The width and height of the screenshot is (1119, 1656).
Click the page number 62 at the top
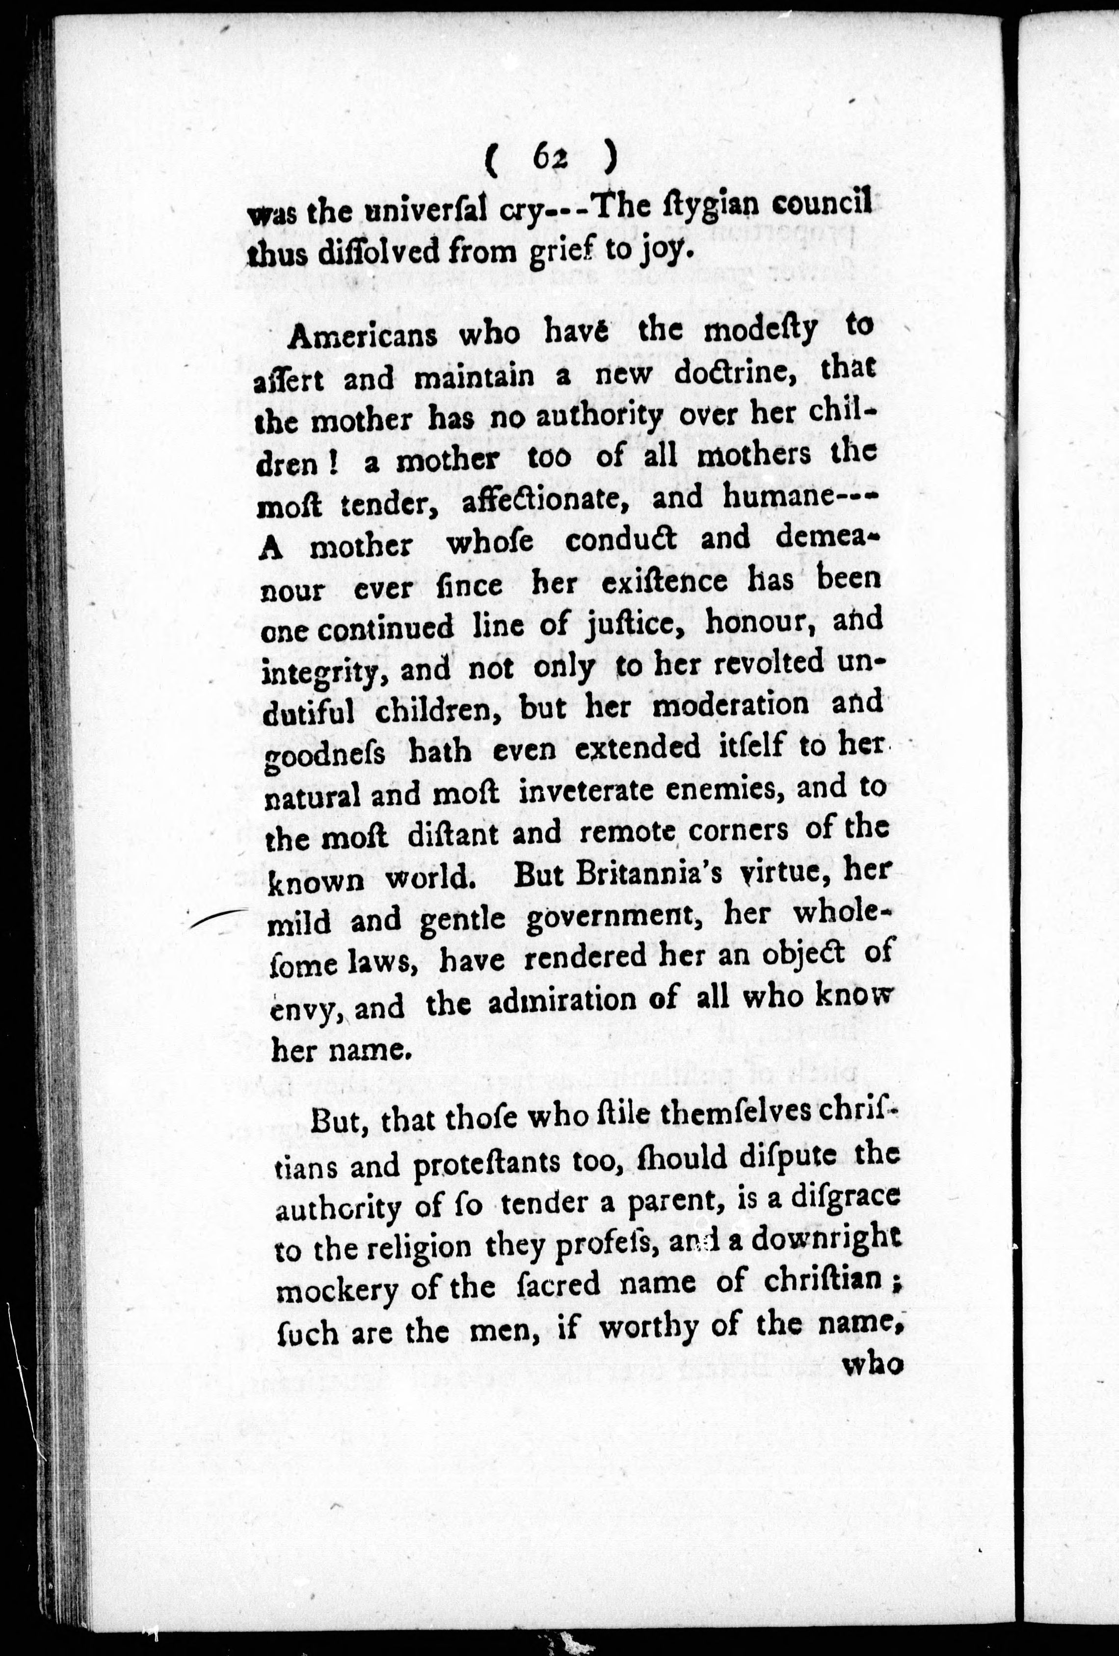(x=547, y=162)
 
